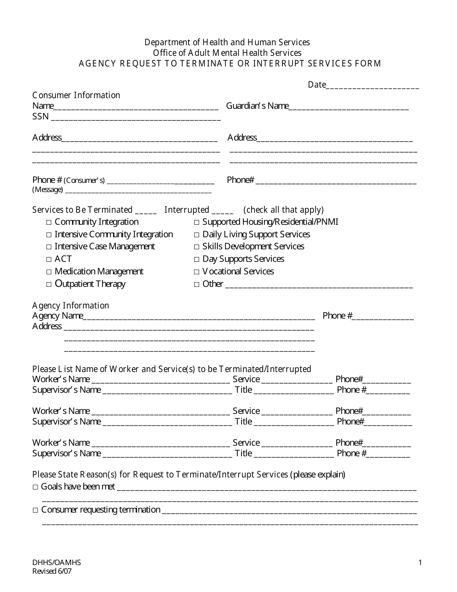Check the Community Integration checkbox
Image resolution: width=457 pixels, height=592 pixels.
point(49,222)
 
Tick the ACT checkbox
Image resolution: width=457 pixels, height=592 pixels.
point(49,259)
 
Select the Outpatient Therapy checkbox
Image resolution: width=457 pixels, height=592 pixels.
point(49,284)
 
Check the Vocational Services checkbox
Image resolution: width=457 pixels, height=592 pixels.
point(197,272)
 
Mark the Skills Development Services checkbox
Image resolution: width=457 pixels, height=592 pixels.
point(197,247)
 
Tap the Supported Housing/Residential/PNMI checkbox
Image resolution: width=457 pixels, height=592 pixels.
point(197,222)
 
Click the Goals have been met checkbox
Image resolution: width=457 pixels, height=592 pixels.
point(36,487)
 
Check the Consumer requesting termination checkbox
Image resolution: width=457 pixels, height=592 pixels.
point(36,510)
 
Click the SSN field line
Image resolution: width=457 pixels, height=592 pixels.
point(136,118)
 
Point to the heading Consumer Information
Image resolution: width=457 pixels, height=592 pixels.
point(76,95)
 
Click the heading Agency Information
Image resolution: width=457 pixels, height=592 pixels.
point(71,306)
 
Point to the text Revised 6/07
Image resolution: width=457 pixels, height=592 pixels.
point(52,572)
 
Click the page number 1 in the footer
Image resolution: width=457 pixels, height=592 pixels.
point(420,562)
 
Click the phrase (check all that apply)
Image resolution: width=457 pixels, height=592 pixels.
point(283,210)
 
